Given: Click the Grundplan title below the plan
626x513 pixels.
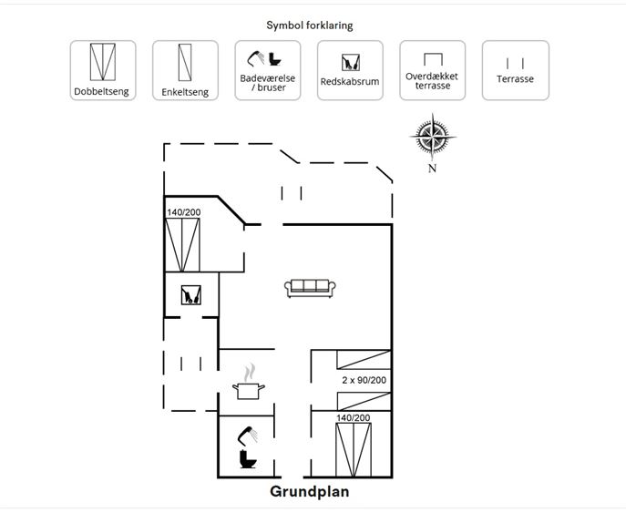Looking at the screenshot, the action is (x=310, y=491).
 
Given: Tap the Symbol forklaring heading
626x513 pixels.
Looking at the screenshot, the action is (x=310, y=26).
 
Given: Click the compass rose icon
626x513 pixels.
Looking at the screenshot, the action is (x=433, y=136).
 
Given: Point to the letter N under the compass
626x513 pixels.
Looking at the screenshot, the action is (x=432, y=168).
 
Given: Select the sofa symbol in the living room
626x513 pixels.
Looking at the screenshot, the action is (x=310, y=288).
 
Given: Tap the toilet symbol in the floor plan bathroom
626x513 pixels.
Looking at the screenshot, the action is (x=248, y=459).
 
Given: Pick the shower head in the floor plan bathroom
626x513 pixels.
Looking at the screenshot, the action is (x=248, y=436).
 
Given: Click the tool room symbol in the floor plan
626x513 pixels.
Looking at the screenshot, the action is (x=190, y=295).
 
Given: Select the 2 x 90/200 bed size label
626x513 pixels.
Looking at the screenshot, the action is (x=364, y=380).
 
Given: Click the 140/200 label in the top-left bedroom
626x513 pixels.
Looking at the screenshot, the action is (x=184, y=212).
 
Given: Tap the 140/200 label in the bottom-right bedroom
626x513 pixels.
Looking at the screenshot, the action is (x=353, y=417).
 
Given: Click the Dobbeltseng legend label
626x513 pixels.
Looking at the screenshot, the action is (x=101, y=91).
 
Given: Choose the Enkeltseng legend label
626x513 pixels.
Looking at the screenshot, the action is (x=185, y=92).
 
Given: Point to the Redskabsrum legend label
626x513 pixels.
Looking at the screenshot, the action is (x=350, y=81).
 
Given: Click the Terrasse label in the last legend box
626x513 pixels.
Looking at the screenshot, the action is (x=515, y=79).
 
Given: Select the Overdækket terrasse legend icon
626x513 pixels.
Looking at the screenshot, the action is (x=433, y=59).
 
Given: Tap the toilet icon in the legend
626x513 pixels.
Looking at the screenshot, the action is (x=274, y=59).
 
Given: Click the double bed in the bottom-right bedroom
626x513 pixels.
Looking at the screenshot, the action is (x=354, y=449).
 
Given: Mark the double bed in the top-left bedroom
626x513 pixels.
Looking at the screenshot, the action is (x=182, y=245).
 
